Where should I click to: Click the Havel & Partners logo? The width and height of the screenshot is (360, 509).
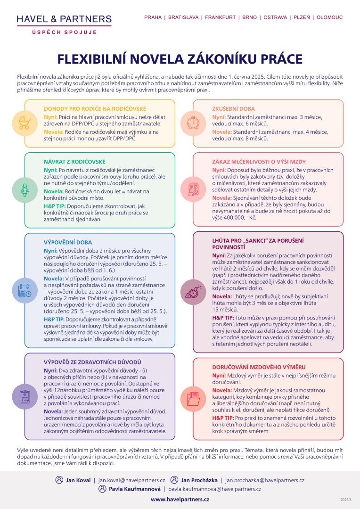(x=64, y=24)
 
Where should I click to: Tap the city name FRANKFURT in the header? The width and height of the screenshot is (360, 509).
(x=220, y=17)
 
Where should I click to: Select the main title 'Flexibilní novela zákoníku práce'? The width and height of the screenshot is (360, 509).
(x=180, y=59)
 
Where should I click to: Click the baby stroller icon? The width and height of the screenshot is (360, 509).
(x=25, y=123)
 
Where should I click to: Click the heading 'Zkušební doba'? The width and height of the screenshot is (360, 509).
(x=233, y=109)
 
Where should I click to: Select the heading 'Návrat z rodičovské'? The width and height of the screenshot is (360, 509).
(x=74, y=162)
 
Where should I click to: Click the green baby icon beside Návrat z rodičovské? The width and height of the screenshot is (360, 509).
(x=25, y=190)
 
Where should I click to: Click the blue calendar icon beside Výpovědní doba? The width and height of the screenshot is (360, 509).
(x=25, y=290)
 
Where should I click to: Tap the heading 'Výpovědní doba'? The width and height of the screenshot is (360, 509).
(x=68, y=243)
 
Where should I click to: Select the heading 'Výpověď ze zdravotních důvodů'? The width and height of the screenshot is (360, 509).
(x=92, y=362)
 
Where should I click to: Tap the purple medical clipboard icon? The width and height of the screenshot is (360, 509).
(x=25, y=396)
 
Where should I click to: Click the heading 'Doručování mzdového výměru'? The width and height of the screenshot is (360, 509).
(x=259, y=367)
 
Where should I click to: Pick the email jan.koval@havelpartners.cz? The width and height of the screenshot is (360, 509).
(x=131, y=480)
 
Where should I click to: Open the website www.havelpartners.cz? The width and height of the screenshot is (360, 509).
(x=180, y=499)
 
